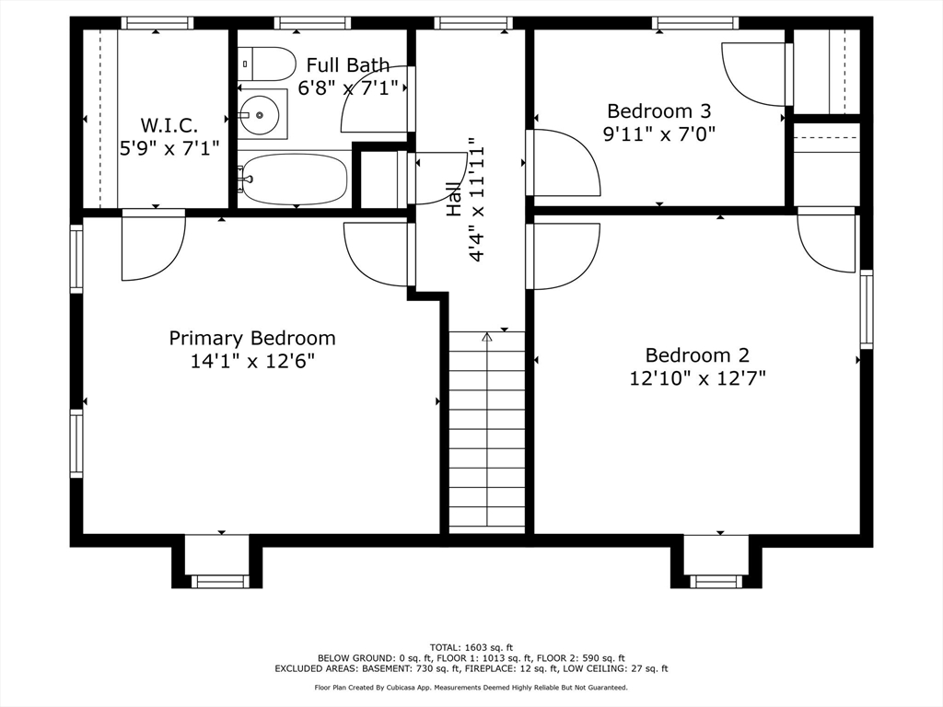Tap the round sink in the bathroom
point(260,114)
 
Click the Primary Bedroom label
point(252,338)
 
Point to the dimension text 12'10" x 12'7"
point(698,377)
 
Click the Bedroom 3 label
point(659,111)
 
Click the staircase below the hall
point(486,433)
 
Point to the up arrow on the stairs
point(486,339)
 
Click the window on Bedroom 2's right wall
point(866,308)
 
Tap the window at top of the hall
point(473,23)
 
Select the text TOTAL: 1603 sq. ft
point(471,647)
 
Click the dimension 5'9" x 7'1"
point(169,147)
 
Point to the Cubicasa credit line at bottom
point(471,688)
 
